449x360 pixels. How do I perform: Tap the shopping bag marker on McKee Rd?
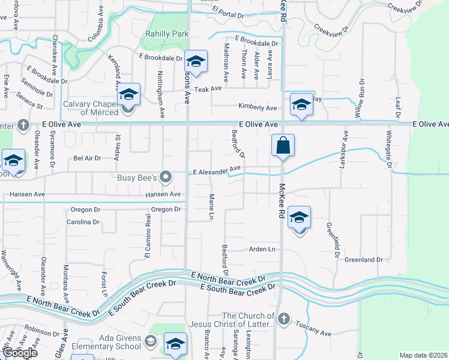pyautogui.click(x=282, y=146)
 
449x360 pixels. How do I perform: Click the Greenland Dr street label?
pyautogui.click(x=364, y=260)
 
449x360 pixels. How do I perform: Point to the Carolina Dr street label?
pyautogui.click(x=82, y=222)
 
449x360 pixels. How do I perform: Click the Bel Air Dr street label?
pyautogui.click(x=86, y=159)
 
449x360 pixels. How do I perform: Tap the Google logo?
pyautogui.click(x=20, y=353)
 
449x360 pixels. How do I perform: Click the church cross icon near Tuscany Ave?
pyautogui.click(x=284, y=318)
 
